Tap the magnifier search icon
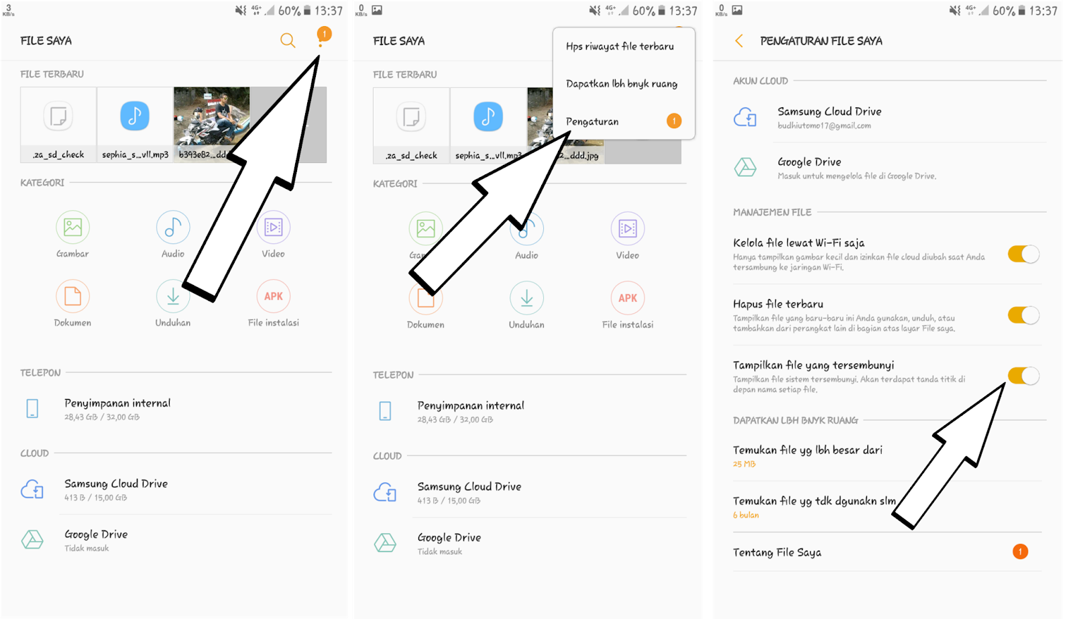coord(288,40)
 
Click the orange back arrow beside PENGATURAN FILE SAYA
coord(738,41)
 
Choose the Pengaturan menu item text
coord(592,121)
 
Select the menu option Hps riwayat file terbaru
coord(620,46)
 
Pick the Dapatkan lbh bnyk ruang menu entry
coord(622,84)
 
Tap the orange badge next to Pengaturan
coord(674,121)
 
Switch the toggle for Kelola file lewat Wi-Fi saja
coord(1023,254)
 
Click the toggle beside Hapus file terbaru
coord(1023,315)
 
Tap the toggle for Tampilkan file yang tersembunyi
coord(1023,376)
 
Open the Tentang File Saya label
coord(777,553)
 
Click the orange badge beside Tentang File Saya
coord(1020,552)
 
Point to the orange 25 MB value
coord(744,464)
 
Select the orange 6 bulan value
coord(746,515)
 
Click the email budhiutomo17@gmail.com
coord(824,125)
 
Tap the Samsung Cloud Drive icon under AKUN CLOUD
coord(745,117)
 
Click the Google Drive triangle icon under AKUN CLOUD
coord(745,167)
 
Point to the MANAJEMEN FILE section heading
coord(772,212)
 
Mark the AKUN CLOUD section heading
coord(760,81)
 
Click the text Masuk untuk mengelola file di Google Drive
coord(856,176)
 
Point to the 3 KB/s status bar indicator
coord(8,10)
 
